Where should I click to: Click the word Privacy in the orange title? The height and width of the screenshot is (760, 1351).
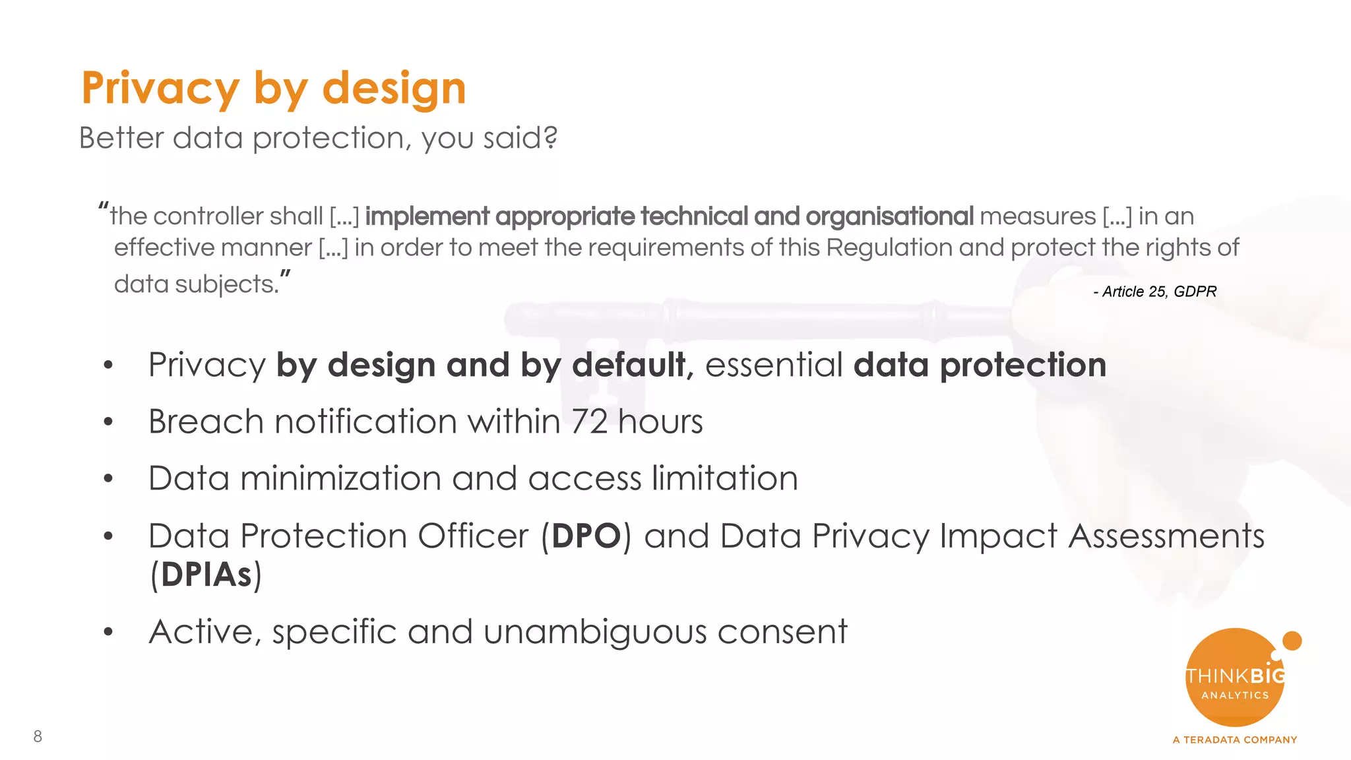click(x=160, y=89)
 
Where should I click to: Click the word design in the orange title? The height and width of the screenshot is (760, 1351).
click(x=394, y=89)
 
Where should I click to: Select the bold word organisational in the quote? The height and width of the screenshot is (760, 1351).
click(x=889, y=216)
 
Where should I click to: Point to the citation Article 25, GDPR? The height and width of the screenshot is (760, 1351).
click(x=1155, y=292)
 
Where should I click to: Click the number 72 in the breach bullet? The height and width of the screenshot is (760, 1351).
click(x=589, y=422)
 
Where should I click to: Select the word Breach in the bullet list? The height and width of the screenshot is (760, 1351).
click(x=206, y=422)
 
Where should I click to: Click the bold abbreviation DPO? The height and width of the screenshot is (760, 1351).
click(x=586, y=536)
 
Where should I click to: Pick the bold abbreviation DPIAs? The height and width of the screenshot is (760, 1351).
click(x=206, y=575)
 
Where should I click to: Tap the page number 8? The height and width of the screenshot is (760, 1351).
click(x=38, y=736)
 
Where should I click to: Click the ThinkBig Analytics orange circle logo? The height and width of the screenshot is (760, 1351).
click(x=1234, y=678)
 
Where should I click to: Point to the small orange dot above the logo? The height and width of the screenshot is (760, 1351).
click(x=1292, y=641)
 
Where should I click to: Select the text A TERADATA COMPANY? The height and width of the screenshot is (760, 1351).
click(x=1234, y=740)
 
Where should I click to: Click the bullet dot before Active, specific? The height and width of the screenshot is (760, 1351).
click(x=108, y=632)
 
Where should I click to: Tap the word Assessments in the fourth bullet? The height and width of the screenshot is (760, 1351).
click(x=1166, y=536)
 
